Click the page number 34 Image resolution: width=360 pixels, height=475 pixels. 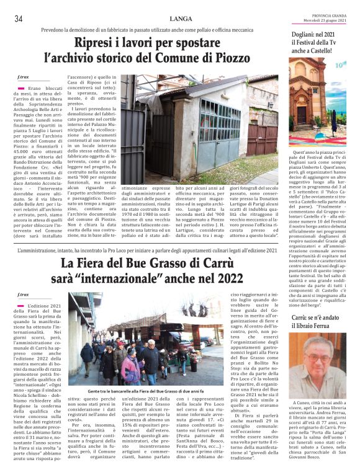(x=18, y=19)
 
